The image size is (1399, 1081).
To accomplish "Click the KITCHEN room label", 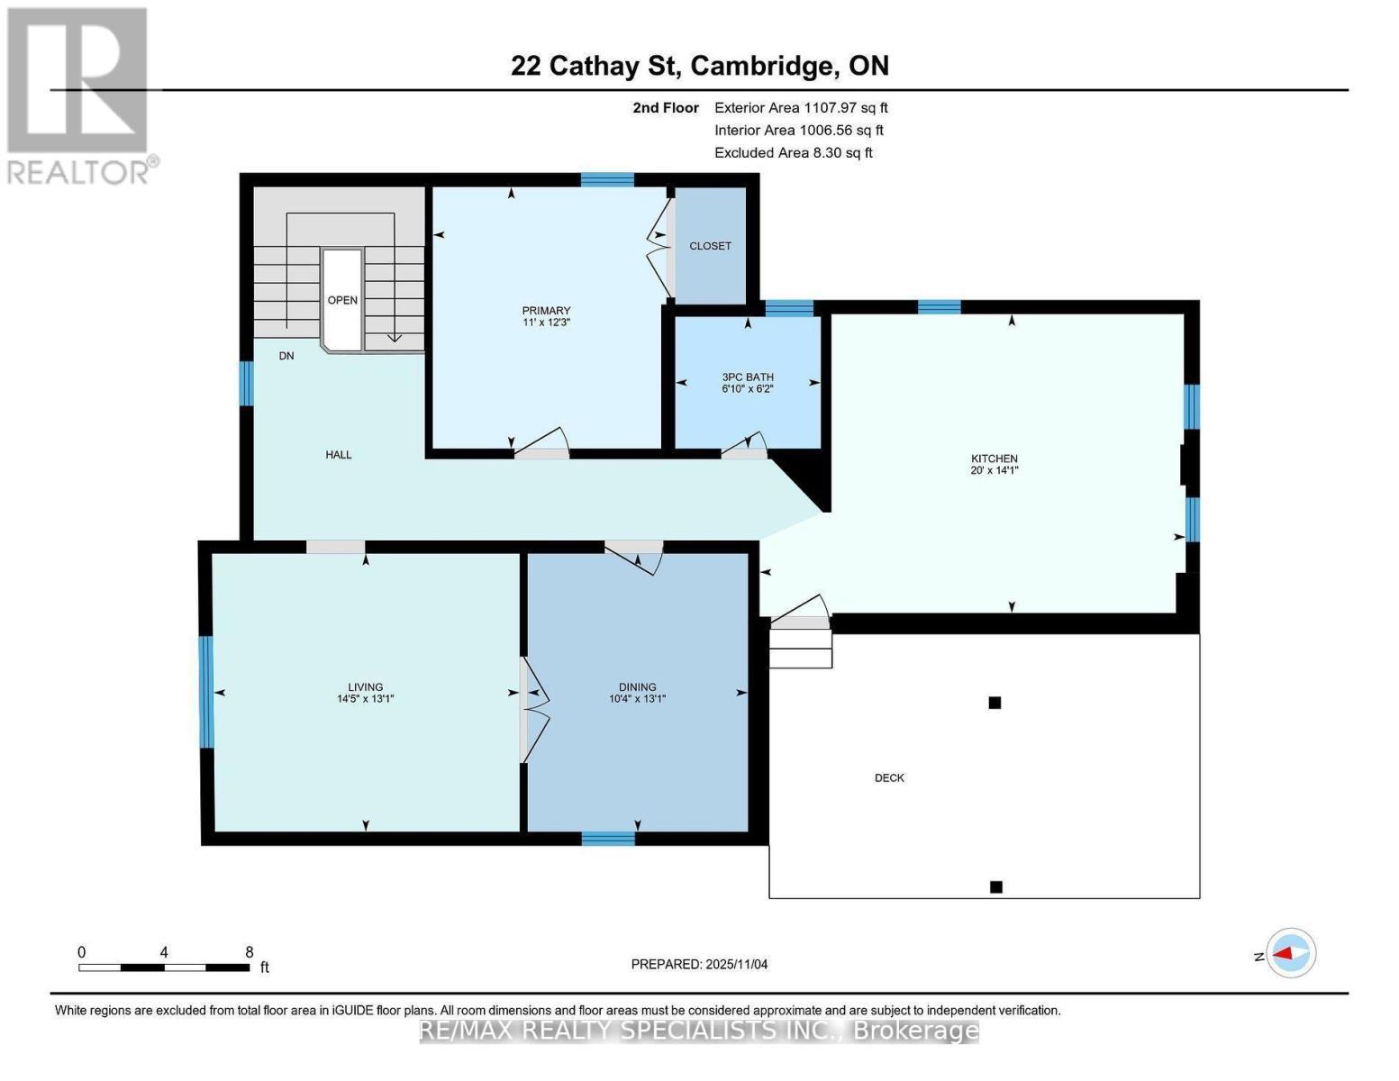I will (994, 459).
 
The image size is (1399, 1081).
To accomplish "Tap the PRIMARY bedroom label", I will (546, 311).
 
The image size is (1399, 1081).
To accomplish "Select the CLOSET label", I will (710, 246).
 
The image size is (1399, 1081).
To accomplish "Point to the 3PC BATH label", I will (747, 377).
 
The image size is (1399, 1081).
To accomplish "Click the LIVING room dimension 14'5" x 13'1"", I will (365, 698).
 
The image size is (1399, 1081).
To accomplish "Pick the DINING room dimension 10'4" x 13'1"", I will (637, 698).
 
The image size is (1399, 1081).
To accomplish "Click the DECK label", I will (889, 777).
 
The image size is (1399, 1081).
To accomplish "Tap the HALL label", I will (339, 455).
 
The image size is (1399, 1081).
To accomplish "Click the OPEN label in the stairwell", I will (342, 300).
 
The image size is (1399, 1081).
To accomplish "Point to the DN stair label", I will (286, 356).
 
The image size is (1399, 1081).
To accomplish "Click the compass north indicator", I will (1291, 953).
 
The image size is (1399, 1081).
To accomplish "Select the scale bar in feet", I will (164, 967).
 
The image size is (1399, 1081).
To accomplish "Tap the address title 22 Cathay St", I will (699, 66).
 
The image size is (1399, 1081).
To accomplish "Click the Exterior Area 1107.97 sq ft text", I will (801, 107).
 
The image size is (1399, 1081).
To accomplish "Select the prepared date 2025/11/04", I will (699, 964).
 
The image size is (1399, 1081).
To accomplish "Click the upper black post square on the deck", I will (995, 703).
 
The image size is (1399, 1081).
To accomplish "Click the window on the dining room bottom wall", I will (608, 839).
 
